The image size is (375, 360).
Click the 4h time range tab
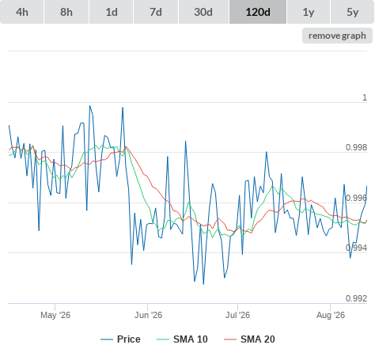click(22, 12)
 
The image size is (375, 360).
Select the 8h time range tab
click(66, 12)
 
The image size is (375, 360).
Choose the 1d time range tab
click(112, 12)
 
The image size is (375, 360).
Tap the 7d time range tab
click(156, 12)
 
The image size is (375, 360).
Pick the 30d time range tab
click(203, 12)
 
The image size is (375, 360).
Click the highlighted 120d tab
click(258, 12)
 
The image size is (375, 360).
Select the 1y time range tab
click(309, 12)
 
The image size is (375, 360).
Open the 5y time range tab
click(353, 12)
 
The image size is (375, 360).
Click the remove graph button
click(337, 36)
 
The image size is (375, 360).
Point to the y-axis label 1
click(365, 97)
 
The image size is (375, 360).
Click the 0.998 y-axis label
click(356, 147)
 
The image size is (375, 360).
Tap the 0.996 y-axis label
click(356, 198)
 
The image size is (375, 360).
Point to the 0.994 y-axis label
click(356, 248)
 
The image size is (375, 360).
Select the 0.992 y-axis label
click(356, 298)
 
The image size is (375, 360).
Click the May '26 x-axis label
click(55, 315)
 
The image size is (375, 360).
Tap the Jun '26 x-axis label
click(148, 315)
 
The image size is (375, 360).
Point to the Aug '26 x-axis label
click(331, 315)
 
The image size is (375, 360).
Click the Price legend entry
click(120, 339)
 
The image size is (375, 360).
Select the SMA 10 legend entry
click(182, 339)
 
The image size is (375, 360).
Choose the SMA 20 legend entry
click(249, 339)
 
